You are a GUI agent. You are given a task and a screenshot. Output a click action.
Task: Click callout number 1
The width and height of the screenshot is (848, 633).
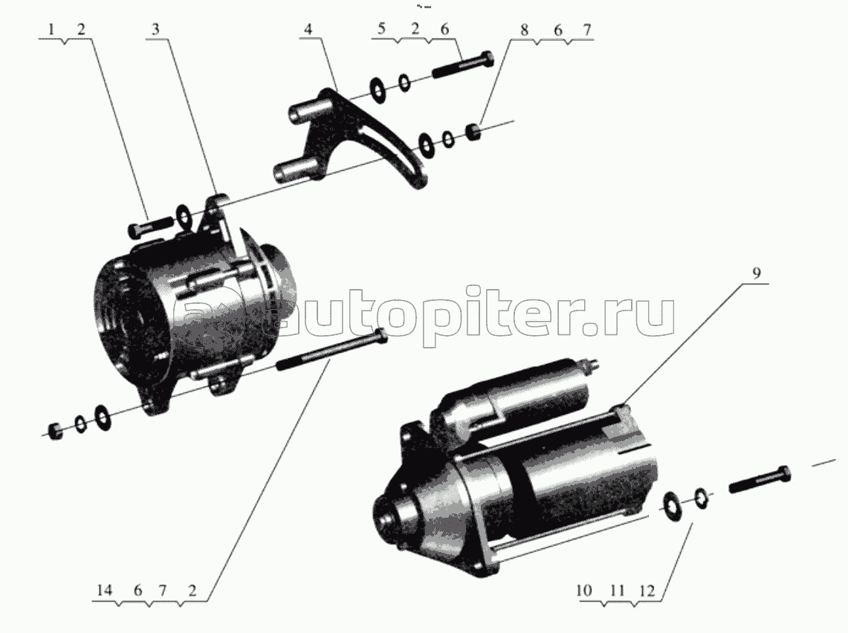pos(52,29)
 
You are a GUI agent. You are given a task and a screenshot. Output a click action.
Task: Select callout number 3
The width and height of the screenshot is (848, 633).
pos(156,29)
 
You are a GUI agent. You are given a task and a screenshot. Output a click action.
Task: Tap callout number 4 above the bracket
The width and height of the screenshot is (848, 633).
pos(308,29)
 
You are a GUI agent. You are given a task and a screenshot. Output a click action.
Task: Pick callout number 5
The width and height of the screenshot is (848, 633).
pos(381,29)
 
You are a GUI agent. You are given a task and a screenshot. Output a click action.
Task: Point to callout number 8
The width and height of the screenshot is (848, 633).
pos(524,30)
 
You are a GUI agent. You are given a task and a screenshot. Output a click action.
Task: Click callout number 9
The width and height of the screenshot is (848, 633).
pos(756,273)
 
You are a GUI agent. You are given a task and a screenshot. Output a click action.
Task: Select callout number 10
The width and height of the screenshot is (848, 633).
pos(584,591)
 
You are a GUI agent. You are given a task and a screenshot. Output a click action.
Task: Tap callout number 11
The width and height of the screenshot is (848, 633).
pos(617,591)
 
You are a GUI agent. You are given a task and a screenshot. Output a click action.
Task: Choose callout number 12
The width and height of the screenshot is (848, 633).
pos(647,591)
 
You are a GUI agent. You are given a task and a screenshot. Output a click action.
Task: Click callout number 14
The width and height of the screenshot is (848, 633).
pos(104,590)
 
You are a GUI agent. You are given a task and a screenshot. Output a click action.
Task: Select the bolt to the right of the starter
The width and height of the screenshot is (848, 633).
pos(760,478)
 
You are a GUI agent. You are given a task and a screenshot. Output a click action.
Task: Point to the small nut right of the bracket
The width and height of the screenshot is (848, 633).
pos(473,132)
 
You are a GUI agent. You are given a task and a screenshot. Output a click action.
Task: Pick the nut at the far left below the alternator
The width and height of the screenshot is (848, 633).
pos(54,431)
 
